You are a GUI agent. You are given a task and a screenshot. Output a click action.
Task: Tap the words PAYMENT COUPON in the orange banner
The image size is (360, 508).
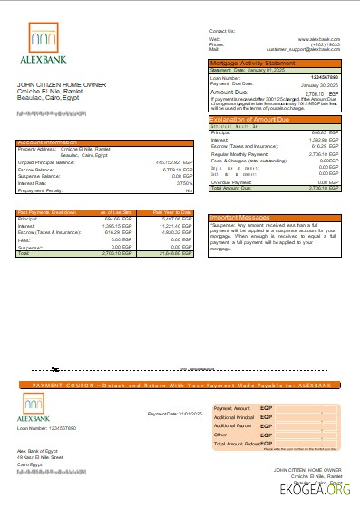pos(59,386)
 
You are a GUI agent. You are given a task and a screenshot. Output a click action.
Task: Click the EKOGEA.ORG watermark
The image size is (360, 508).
pos(317,491)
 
